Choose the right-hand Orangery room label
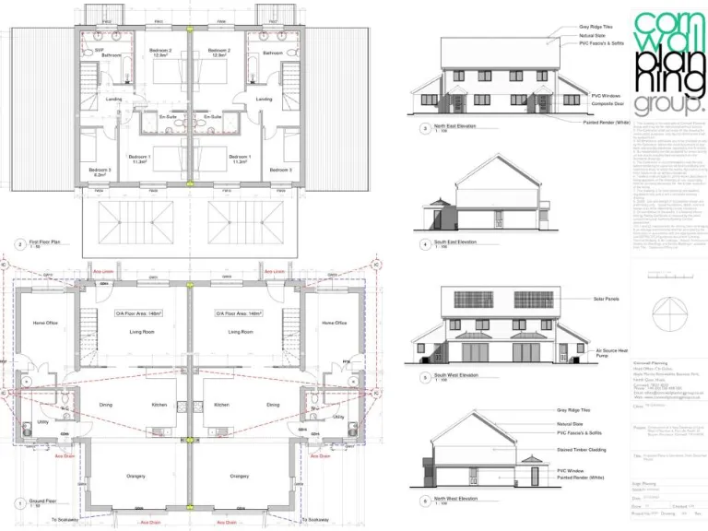coord(240,476)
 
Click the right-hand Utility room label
coord(337,417)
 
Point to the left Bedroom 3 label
coord(100,171)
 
